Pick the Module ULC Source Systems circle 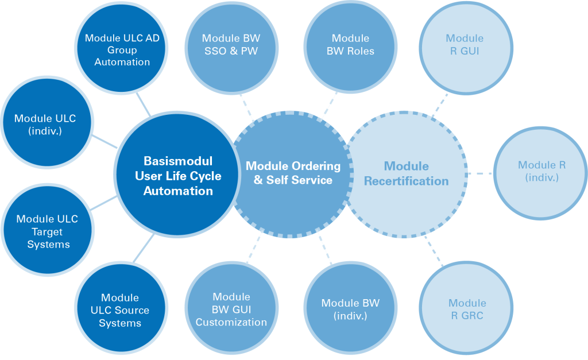tap(119, 310)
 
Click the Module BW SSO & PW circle tap(231, 45)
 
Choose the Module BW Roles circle tap(350, 45)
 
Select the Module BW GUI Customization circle tap(231, 310)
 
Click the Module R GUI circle tap(465, 45)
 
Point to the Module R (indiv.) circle tap(541, 172)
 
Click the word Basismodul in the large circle tap(178, 161)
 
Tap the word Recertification tap(406, 181)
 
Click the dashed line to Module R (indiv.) tap(479, 173)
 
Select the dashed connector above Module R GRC tap(433, 252)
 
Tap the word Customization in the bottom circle tap(231, 322)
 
